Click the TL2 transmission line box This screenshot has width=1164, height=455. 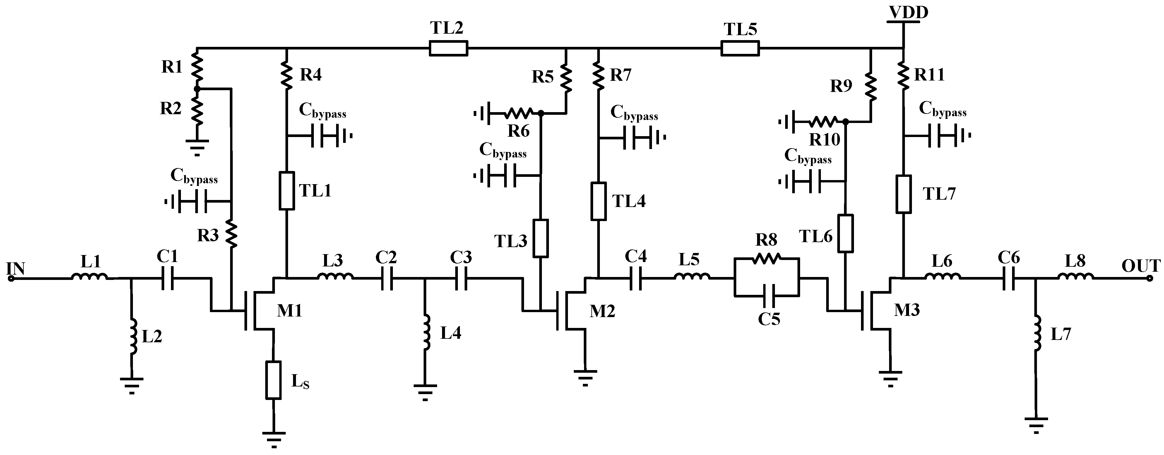[448, 48]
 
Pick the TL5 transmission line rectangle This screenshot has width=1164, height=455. [740, 48]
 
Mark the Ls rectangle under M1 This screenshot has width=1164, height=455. [273, 379]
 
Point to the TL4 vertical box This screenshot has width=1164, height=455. [599, 201]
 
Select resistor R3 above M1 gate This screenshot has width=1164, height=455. [231, 234]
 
